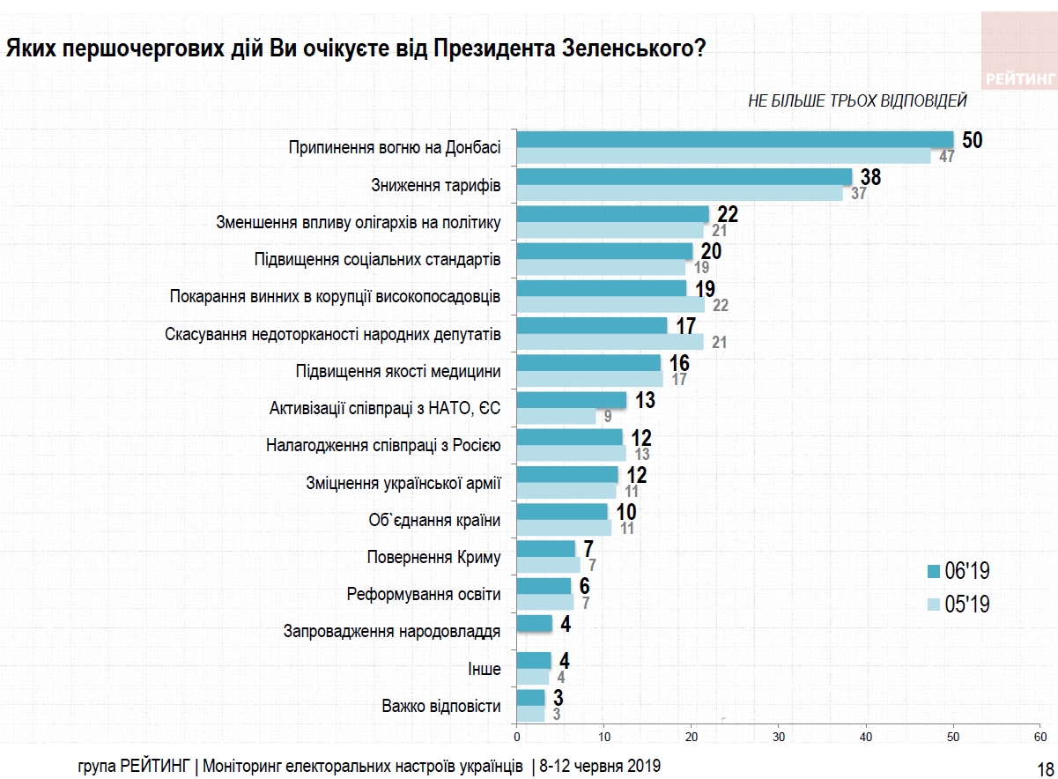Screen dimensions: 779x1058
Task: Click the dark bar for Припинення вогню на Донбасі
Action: pos(735,139)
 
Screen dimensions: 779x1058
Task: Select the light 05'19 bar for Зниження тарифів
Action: pos(679,194)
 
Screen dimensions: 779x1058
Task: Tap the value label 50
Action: pos(972,140)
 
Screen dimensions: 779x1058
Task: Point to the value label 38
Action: pos(870,177)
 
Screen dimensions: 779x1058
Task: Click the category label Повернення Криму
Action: pos(433,557)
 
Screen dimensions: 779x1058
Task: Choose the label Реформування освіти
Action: pos(424,594)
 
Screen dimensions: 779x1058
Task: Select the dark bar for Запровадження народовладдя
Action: pos(534,624)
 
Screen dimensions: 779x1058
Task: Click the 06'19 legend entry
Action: pos(959,571)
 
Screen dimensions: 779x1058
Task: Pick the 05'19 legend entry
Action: pos(959,605)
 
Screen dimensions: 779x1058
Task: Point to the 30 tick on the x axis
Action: pos(779,735)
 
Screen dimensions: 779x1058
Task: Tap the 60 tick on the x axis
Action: pos(1041,735)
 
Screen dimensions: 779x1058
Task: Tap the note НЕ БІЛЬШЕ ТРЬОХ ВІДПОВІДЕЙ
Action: pos(857,101)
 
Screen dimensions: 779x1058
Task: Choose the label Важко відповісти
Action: pos(441,706)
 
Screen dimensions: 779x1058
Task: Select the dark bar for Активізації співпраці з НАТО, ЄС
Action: pos(571,400)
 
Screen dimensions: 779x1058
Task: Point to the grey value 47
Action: pos(947,157)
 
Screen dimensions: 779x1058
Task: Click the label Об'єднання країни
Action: pos(434,520)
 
